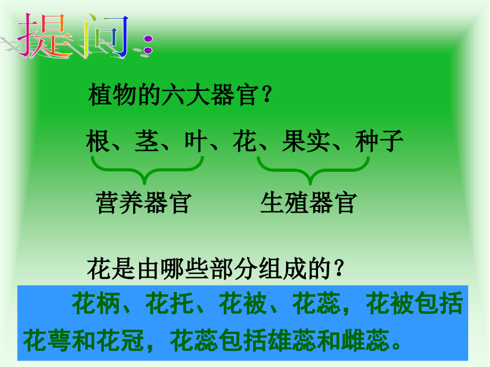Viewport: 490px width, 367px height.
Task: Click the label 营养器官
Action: coord(143,203)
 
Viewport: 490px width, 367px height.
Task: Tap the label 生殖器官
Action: coord(308,203)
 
